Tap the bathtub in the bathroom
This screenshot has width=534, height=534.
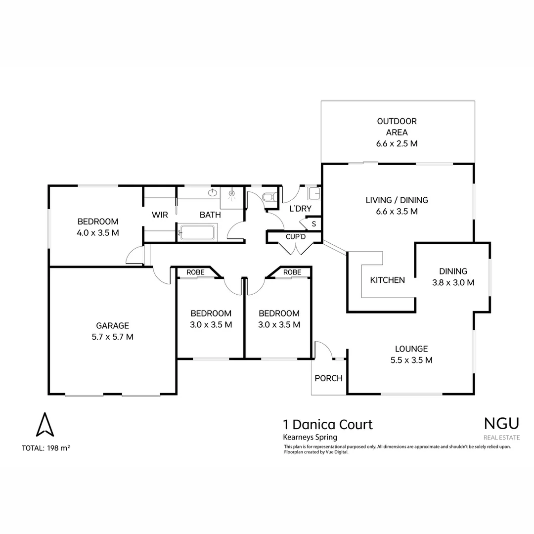coord(197,231)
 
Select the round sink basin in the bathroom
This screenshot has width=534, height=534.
coord(214,192)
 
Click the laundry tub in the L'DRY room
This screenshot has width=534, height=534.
coord(313,192)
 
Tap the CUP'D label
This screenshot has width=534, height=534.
coord(296,237)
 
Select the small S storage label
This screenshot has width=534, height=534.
coord(313,224)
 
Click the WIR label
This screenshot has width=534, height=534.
coord(160,215)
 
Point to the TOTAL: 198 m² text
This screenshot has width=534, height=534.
coord(46,448)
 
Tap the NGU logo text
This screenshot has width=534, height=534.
coord(501,423)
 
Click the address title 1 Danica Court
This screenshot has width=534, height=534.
coord(327,424)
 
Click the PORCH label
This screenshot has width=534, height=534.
coord(328,378)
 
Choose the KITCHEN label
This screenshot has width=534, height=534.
coord(388,280)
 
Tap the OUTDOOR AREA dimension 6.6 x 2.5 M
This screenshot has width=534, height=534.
coord(397,143)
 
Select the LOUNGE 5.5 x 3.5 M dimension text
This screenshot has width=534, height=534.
coord(411,360)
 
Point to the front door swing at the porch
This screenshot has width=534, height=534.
coord(323,349)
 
